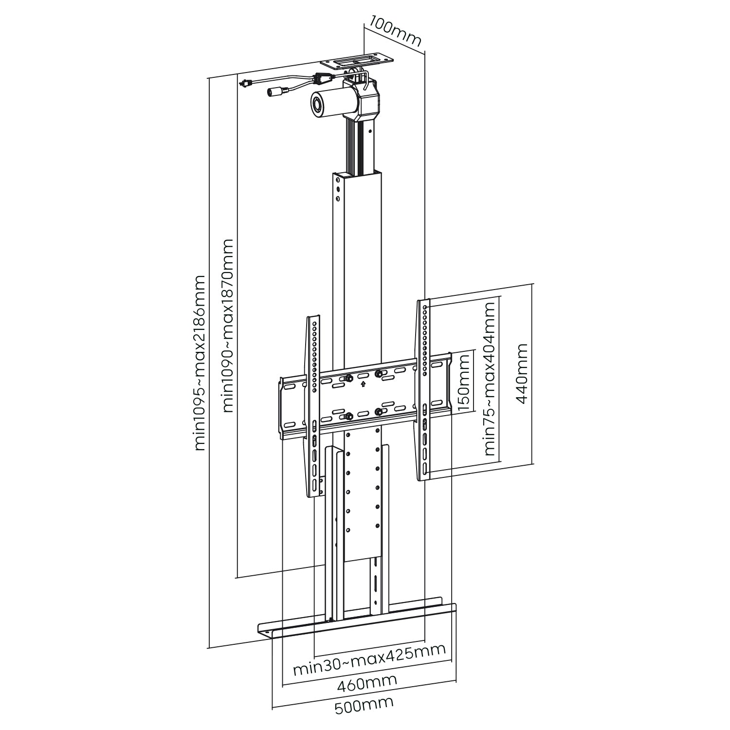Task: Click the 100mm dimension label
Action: [395, 31]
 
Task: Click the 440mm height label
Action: [522, 373]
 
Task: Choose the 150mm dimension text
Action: [464, 383]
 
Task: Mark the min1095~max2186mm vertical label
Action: [200, 363]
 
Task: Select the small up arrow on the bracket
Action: [363, 384]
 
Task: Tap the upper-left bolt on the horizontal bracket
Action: [349, 378]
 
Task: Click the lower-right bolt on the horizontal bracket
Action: [378, 411]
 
